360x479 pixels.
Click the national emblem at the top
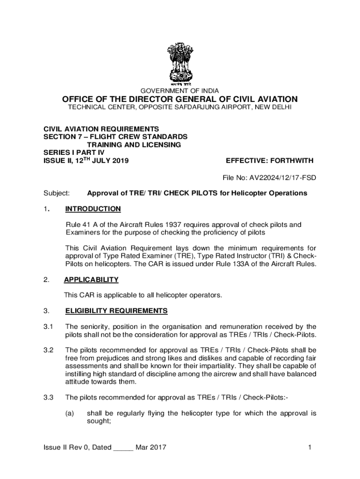point(180,64)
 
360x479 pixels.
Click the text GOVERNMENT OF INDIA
point(180,91)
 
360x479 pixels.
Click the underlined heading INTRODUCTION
point(93,209)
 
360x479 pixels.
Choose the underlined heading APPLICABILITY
point(92,280)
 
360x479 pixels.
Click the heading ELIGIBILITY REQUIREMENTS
point(116,311)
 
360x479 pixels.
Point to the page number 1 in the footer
point(310,448)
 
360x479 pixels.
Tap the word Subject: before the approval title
point(57,193)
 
